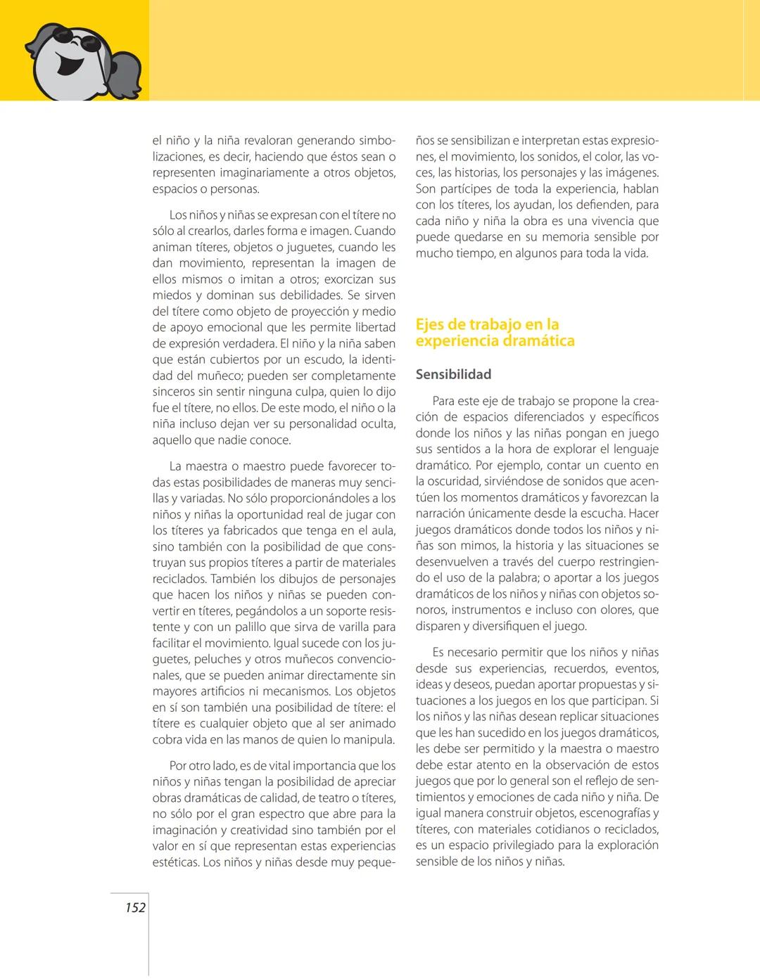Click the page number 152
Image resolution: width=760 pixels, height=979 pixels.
pyautogui.click(x=135, y=907)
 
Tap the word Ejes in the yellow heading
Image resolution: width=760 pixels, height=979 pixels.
pyautogui.click(x=431, y=324)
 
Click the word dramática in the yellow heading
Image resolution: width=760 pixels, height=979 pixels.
pyautogui.click(x=537, y=341)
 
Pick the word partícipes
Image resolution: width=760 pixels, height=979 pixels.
pyautogui.click(x=464, y=188)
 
